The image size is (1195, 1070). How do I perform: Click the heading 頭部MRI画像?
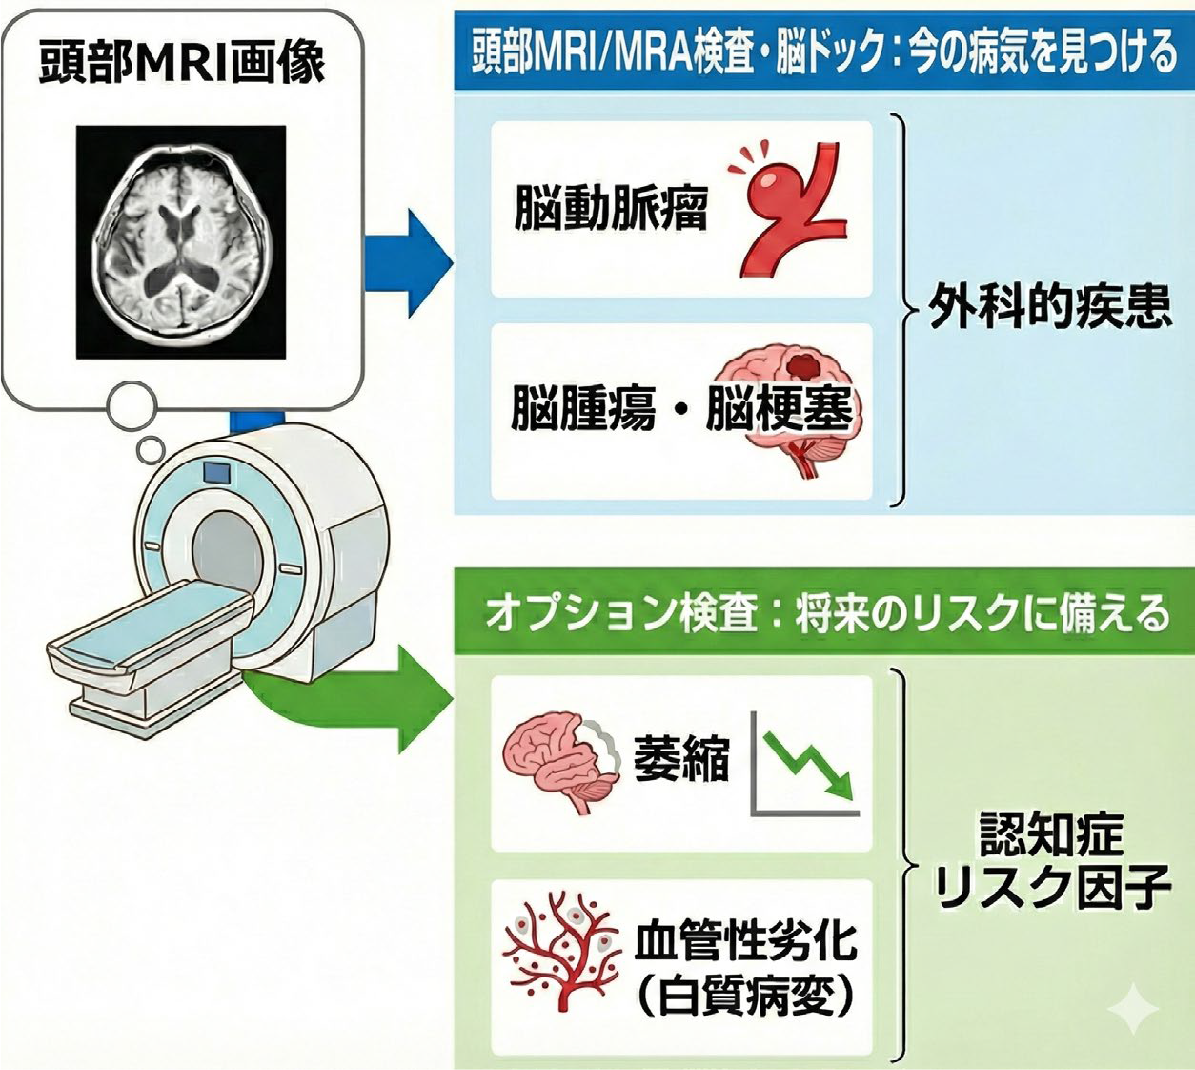pos(181,62)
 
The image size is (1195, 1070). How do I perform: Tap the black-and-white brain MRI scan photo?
pos(181,242)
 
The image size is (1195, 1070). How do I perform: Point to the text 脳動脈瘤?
pos(611,207)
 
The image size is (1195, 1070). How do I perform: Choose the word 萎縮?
pos(680,759)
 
